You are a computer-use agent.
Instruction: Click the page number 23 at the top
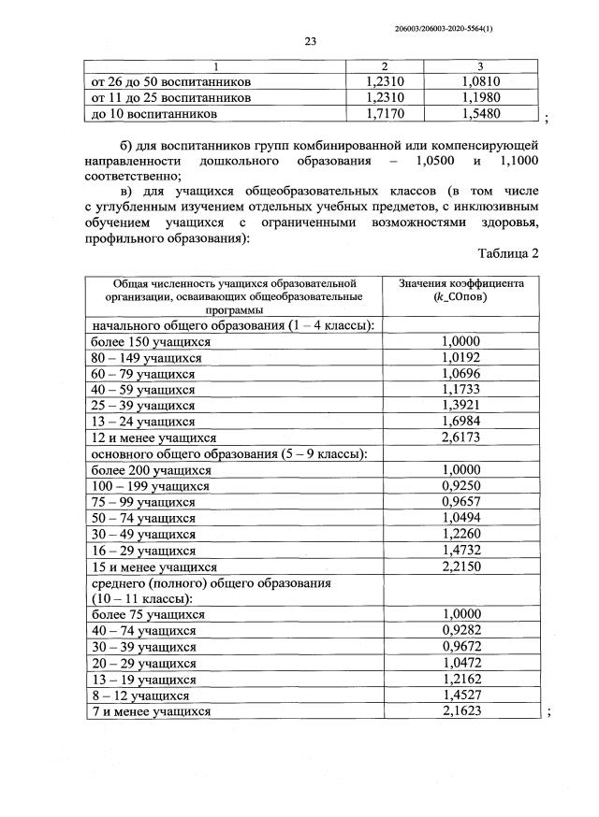pos(311,39)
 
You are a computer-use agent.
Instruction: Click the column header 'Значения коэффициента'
pos(460,282)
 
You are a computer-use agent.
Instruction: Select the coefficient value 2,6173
pos(460,437)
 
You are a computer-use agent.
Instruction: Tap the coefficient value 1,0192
pos(460,357)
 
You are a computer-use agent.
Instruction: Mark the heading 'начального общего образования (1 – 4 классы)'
pos(233,324)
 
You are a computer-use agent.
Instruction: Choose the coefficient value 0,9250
pos(460,486)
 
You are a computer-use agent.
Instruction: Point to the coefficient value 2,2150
pos(460,566)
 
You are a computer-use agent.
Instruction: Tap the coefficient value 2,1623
pos(460,711)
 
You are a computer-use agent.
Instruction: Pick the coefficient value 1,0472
pos(460,663)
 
